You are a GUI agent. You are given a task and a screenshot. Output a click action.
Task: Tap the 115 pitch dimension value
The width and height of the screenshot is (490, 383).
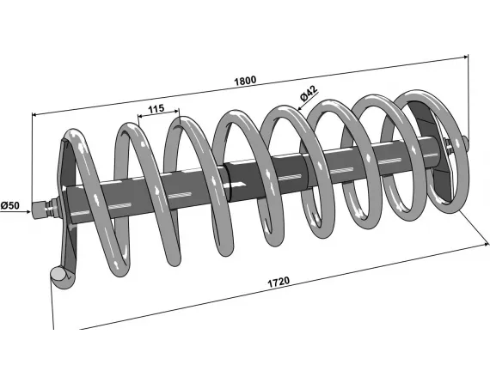pyautogui.click(x=156, y=108)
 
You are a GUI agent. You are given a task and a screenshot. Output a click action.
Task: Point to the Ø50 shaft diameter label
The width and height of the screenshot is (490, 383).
pyautogui.click(x=10, y=206)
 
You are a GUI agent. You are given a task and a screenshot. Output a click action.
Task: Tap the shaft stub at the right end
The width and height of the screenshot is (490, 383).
pyautogui.click(x=462, y=143)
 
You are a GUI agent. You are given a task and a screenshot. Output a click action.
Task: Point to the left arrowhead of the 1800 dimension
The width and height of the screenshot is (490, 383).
pyautogui.click(x=35, y=112)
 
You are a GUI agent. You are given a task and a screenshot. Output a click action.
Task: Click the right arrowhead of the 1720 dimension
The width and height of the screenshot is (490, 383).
pyautogui.click(x=476, y=244)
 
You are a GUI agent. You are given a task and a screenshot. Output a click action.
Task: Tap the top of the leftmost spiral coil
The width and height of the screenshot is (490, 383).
pyautogui.click(x=75, y=136)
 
